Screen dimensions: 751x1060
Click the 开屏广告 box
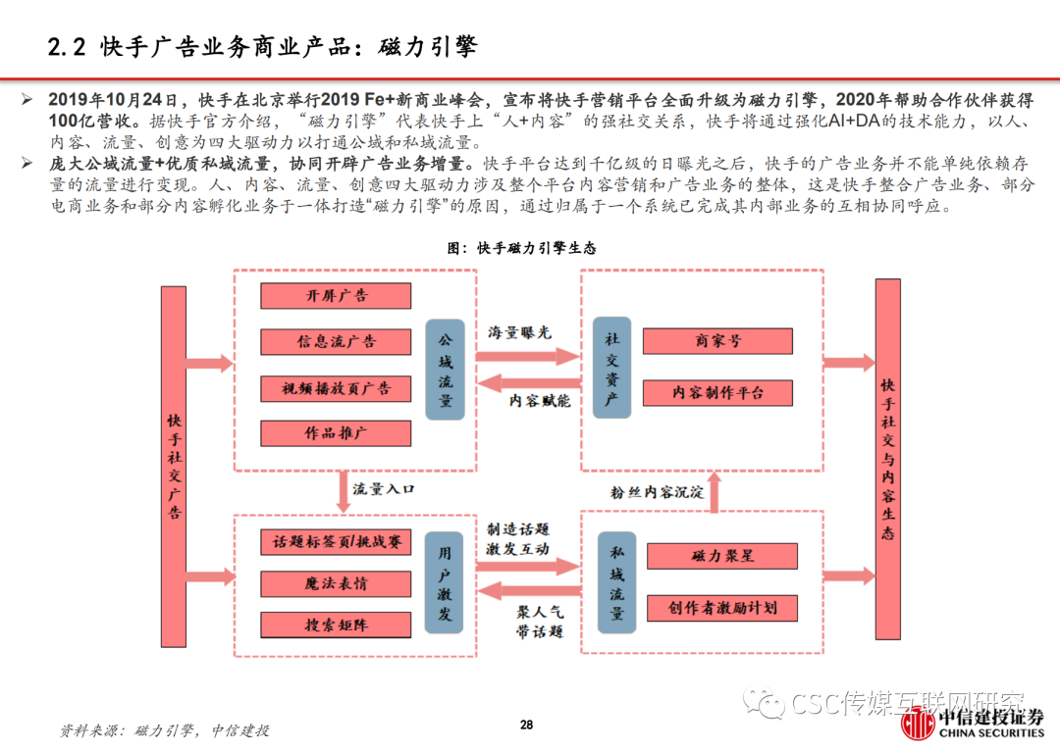tap(336, 295)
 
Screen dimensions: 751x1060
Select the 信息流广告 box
tap(336, 341)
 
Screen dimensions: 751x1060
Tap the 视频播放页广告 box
tap(336, 388)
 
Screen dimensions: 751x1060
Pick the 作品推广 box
tap(336, 433)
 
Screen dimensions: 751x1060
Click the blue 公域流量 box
tap(446, 370)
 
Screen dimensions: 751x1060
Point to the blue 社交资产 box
tap(611, 370)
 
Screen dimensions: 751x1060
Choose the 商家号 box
tap(717, 341)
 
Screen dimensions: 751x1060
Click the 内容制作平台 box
tap(717, 393)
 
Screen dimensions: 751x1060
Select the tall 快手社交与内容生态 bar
tap(887, 458)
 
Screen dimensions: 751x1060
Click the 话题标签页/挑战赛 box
tap(336, 541)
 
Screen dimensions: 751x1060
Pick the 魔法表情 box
tap(336, 583)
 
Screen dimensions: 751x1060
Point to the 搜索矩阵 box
tap(336, 625)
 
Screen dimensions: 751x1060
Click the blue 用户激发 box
tap(445, 583)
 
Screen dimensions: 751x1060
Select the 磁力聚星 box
tap(722, 556)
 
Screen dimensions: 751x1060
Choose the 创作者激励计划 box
tap(722, 608)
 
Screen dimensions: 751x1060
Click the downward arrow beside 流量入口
tap(344, 491)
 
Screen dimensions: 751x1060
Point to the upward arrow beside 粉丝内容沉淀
tap(715, 491)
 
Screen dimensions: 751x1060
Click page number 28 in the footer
tap(526, 725)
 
